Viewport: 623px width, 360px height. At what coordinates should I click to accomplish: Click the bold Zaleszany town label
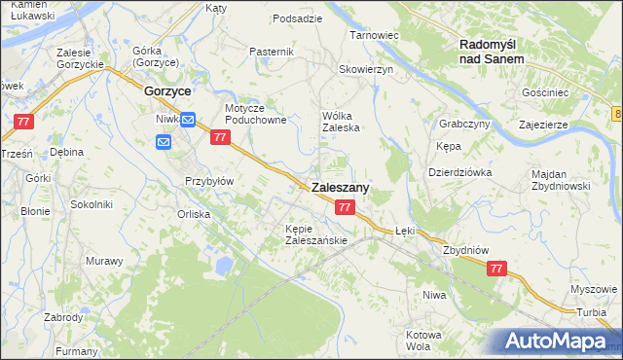coord(340,189)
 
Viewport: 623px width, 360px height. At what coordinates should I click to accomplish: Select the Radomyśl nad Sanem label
coord(492,51)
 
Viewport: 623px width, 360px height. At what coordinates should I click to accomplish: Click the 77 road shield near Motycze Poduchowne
coord(220,138)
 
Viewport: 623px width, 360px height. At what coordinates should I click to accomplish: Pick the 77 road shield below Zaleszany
coord(345,207)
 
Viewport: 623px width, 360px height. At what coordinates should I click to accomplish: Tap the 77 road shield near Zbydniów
coord(496,269)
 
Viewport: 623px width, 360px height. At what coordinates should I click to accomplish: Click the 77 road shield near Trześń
coord(24,122)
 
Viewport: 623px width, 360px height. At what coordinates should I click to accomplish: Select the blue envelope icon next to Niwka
coord(189,120)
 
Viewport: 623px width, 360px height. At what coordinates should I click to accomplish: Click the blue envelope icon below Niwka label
coord(164,142)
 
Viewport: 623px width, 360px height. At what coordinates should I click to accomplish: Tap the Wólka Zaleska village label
coord(342,121)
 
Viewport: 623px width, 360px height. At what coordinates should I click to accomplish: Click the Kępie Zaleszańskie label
coord(310,234)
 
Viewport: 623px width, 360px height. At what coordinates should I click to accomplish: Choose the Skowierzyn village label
coord(365,70)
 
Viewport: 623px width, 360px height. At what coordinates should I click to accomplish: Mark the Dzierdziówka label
coord(460,171)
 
